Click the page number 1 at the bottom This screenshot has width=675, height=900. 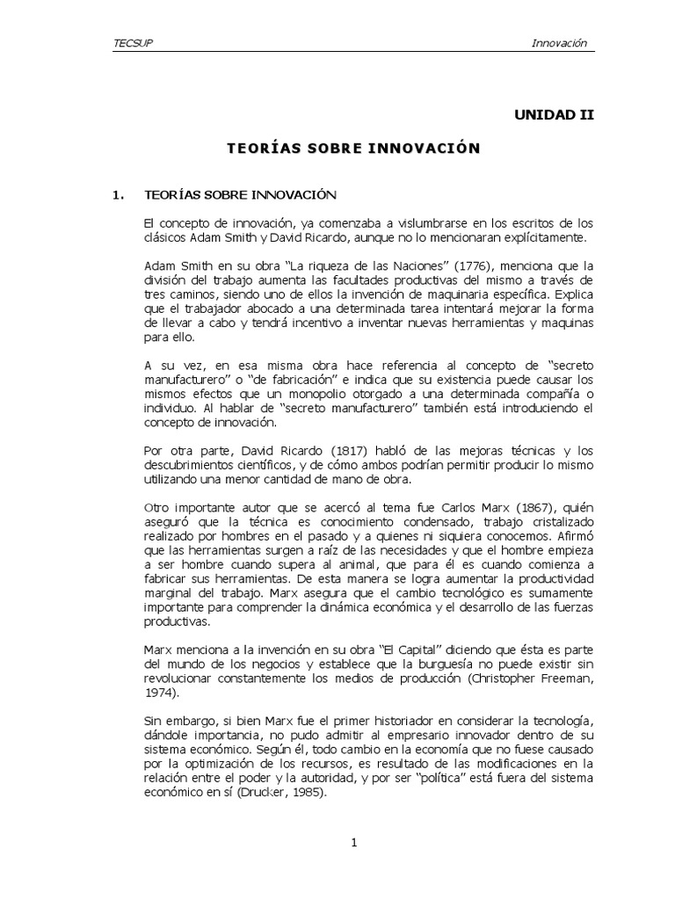click(x=353, y=845)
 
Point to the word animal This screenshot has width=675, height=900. click(x=363, y=562)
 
